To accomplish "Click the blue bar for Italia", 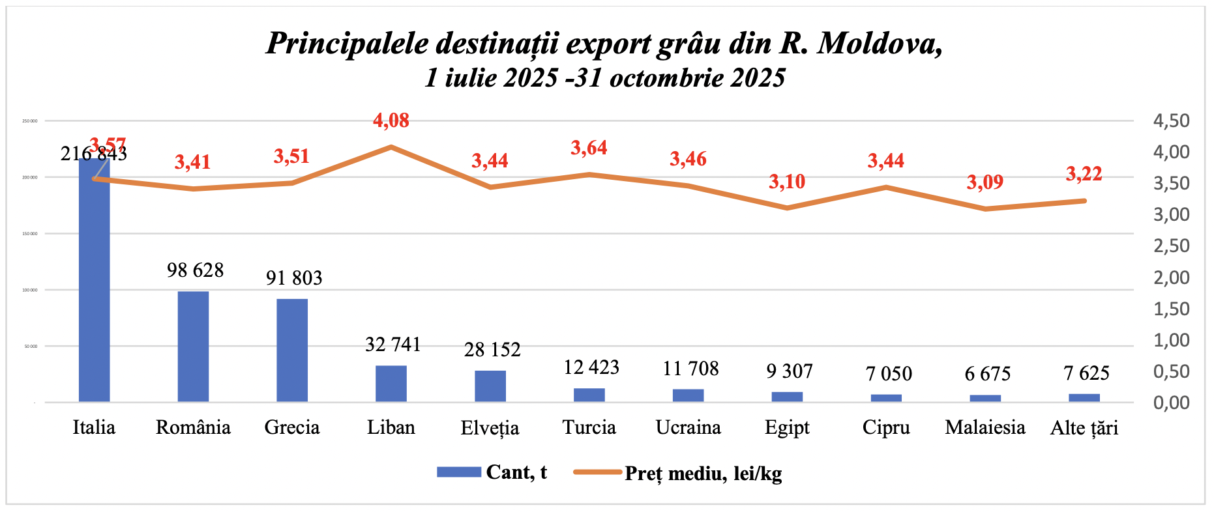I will [x=94, y=280].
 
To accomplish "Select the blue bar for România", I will [x=193, y=347].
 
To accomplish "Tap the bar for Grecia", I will [x=292, y=350].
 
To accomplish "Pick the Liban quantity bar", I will [x=391, y=384].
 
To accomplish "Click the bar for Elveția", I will [x=490, y=386].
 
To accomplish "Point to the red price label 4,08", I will [x=391, y=121].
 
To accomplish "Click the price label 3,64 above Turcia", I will [x=589, y=149].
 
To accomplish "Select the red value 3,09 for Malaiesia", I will [x=985, y=182].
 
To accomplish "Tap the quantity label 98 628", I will [x=195, y=270].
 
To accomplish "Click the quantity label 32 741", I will [x=393, y=345].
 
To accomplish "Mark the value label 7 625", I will [x=1086, y=373].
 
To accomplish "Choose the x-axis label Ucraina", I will [x=688, y=428].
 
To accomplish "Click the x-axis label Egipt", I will [x=787, y=428].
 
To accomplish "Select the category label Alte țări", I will [x=1084, y=428].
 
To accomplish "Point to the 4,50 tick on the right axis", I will [x=1171, y=121].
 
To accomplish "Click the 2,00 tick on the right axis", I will [x=1171, y=277].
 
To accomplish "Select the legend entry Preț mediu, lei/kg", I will [x=703, y=474].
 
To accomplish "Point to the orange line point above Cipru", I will [x=886, y=188].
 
